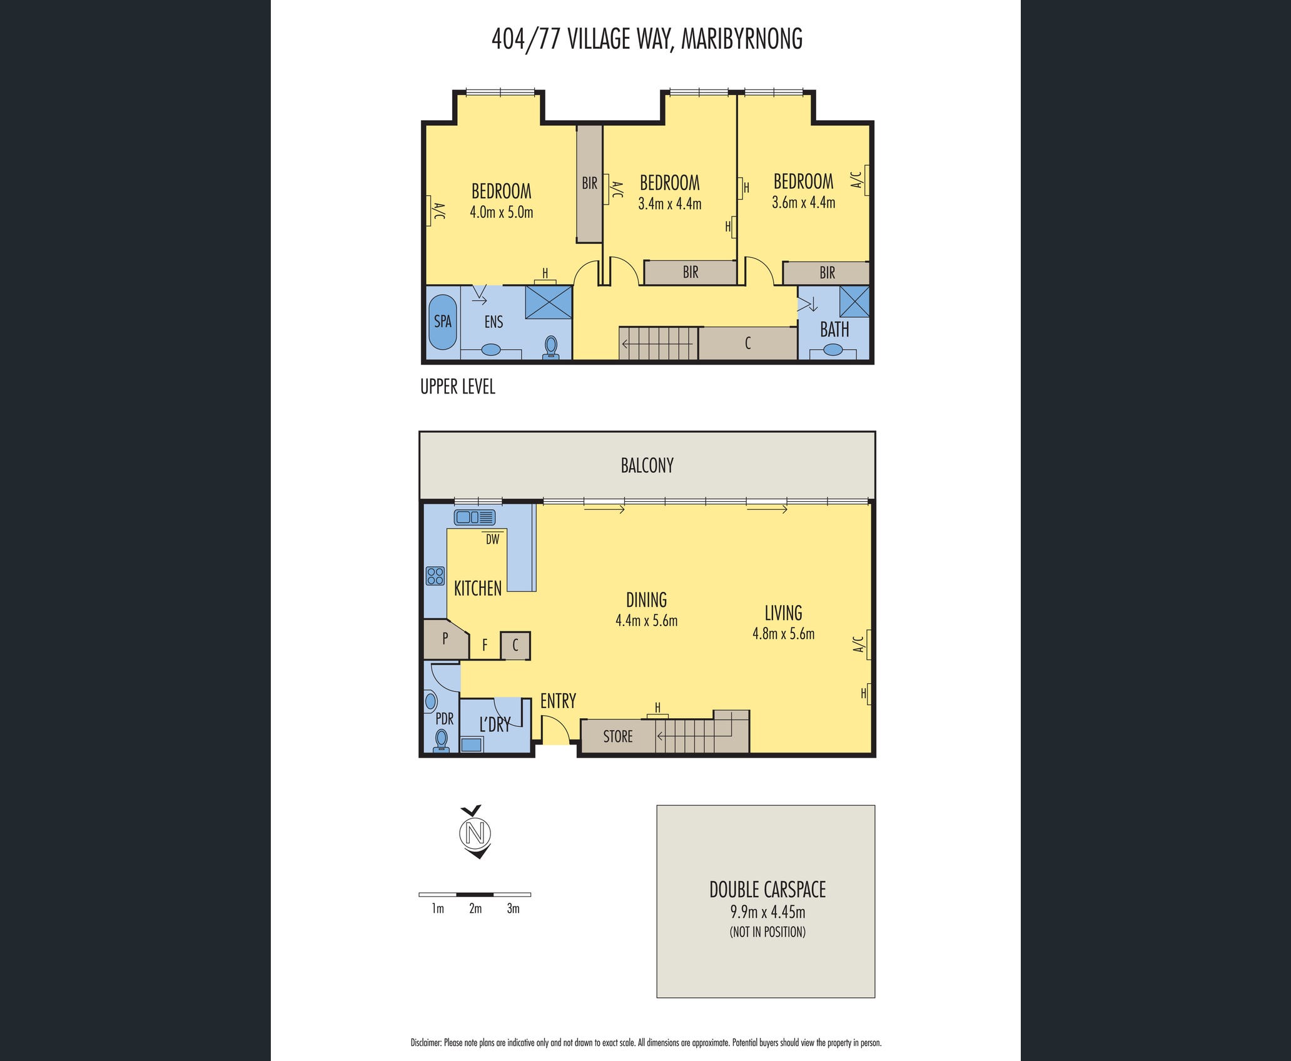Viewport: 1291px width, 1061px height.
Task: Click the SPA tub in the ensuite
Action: pyautogui.click(x=442, y=322)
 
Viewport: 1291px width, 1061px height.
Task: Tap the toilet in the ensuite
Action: pyautogui.click(x=551, y=347)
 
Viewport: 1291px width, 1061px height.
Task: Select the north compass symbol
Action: pyautogui.click(x=475, y=832)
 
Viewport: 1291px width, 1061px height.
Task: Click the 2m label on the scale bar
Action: pyautogui.click(x=475, y=909)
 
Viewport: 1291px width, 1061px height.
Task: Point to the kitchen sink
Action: pyautogui.click(x=475, y=517)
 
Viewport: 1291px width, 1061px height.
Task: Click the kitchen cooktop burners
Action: pyautogui.click(x=435, y=576)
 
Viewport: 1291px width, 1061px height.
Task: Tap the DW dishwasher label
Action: pyautogui.click(x=493, y=539)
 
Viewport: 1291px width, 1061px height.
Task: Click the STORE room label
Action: pyautogui.click(x=618, y=736)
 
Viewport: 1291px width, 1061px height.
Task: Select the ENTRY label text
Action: pyautogui.click(x=558, y=701)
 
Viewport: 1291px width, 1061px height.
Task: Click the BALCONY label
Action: pyautogui.click(x=647, y=465)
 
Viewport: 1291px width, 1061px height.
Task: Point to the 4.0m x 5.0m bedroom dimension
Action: pyautogui.click(x=502, y=212)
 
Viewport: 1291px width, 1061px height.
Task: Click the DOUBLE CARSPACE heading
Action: pyautogui.click(x=767, y=890)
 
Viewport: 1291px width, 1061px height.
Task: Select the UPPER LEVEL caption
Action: pyautogui.click(x=458, y=387)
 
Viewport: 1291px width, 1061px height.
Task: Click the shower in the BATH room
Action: pyautogui.click(x=854, y=302)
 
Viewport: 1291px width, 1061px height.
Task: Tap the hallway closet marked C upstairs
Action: pyautogui.click(x=747, y=343)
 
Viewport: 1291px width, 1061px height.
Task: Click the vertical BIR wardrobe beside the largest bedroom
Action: pyautogui.click(x=589, y=184)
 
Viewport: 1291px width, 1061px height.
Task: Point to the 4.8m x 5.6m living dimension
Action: pyautogui.click(x=783, y=634)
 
